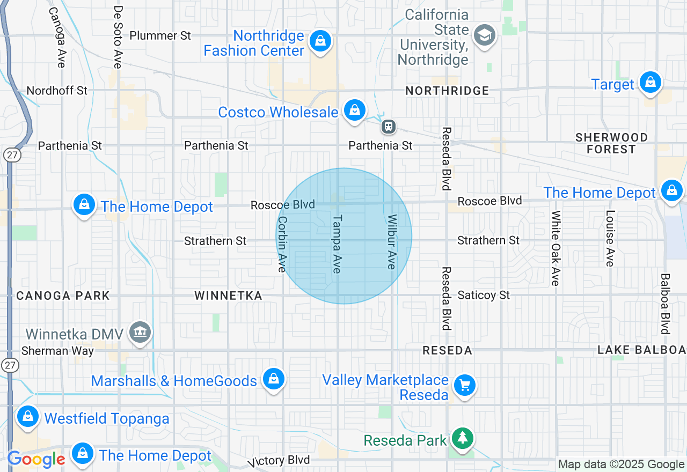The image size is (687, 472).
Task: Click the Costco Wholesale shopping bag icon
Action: (x=354, y=110)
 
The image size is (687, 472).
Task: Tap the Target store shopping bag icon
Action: (x=651, y=82)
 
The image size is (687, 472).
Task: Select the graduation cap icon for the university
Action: (x=485, y=35)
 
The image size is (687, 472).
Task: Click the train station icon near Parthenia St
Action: (x=389, y=127)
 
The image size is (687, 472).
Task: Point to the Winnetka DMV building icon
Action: (x=141, y=332)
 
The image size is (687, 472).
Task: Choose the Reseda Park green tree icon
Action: (x=462, y=438)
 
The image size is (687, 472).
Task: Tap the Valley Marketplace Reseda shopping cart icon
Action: (x=464, y=385)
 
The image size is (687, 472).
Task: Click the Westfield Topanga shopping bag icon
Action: (x=27, y=416)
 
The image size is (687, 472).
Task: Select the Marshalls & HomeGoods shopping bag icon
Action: (x=274, y=379)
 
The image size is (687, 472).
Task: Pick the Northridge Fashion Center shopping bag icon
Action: (x=320, y=40)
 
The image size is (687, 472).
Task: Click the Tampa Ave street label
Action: (x=337, y=244)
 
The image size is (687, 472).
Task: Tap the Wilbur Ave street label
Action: (x=392, y=241)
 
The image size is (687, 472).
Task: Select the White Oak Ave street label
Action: (x=556, y=248)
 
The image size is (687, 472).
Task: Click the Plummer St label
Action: (x=160, y=36)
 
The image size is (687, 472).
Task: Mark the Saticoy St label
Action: (x=484, y=295)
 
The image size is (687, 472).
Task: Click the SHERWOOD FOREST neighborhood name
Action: (x=611, y=143)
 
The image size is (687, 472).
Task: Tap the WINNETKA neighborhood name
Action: (x=228, y=296)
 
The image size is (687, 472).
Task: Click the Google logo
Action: (x=36, y=459)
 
